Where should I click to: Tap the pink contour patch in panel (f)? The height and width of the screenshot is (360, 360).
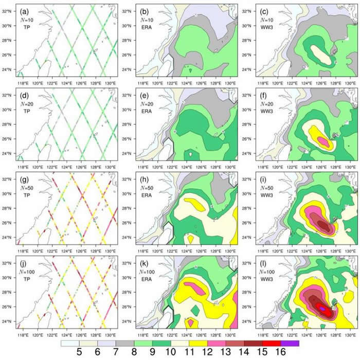coord(321,139)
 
